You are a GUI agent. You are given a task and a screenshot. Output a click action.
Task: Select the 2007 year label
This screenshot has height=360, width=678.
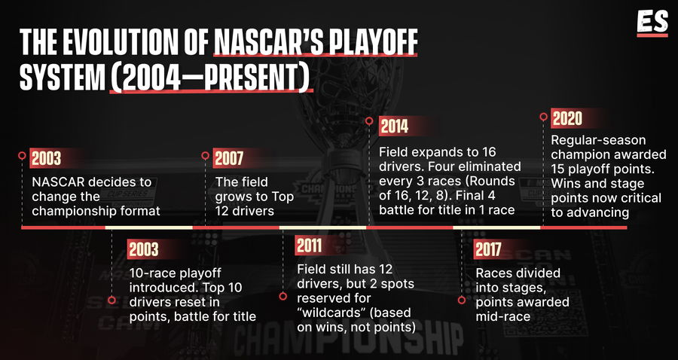click(229, 159)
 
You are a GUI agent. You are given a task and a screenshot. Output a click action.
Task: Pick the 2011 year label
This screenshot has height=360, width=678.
click(309, 246)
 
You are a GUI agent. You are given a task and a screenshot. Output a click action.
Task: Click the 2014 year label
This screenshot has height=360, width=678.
click(394, 127)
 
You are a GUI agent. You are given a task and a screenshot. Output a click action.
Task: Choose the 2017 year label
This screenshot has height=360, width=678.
click(488, 249)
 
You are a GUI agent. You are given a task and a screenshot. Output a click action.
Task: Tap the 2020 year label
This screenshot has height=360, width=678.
click(567, 118)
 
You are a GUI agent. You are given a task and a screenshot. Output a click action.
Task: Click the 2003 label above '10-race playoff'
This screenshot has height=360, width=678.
click(144, 249)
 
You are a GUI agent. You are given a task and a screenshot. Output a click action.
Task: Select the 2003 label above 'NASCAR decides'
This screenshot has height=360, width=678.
click(46, 159)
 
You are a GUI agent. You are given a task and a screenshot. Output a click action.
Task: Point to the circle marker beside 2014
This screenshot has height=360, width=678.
click(369, 121)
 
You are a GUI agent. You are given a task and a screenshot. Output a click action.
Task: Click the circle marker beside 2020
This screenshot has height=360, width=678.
click(543, 116)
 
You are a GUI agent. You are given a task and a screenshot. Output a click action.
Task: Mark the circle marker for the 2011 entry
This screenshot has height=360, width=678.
click(282, 297)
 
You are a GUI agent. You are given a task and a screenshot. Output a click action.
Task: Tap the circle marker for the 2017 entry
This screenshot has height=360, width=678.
click(461, 300)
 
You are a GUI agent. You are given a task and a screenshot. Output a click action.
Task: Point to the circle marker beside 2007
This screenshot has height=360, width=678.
click(206, 156)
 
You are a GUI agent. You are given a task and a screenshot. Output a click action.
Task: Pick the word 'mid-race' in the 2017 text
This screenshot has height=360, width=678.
click(503, 316)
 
